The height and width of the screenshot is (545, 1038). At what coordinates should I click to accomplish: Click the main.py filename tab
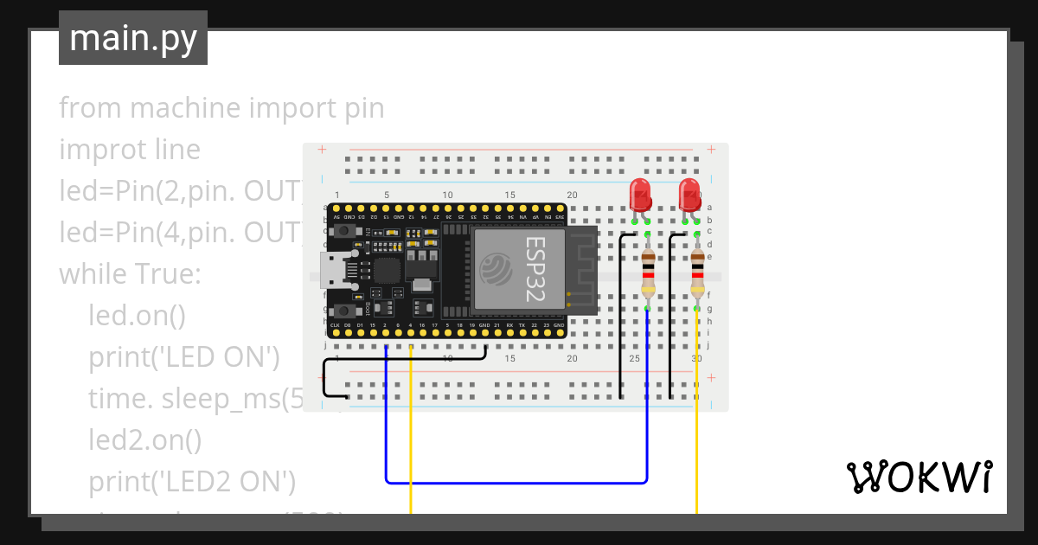(x=132, y=38)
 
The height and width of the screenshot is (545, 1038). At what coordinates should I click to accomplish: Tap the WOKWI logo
(x=919, y=477)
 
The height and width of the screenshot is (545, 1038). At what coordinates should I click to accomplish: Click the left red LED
(x=640, y=195)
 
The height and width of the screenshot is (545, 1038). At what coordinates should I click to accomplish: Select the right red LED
(x=689, y=195)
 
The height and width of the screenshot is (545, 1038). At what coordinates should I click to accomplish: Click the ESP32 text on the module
(x=535, y=269)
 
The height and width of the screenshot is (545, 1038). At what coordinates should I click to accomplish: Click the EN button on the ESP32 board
(x=346, y=232)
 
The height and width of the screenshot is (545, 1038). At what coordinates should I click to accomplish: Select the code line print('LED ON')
(x=183, y=357)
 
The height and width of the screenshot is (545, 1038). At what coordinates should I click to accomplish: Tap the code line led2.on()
(x=144, y=440)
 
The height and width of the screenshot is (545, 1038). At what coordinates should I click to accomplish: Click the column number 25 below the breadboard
(x=634, y=358)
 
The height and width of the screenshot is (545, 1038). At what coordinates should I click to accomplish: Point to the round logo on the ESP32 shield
(x=496, y=268)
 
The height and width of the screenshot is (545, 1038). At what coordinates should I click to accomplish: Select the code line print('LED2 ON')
(x=192, y=481)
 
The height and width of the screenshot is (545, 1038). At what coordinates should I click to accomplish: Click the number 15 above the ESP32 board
(x=509, y=195)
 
